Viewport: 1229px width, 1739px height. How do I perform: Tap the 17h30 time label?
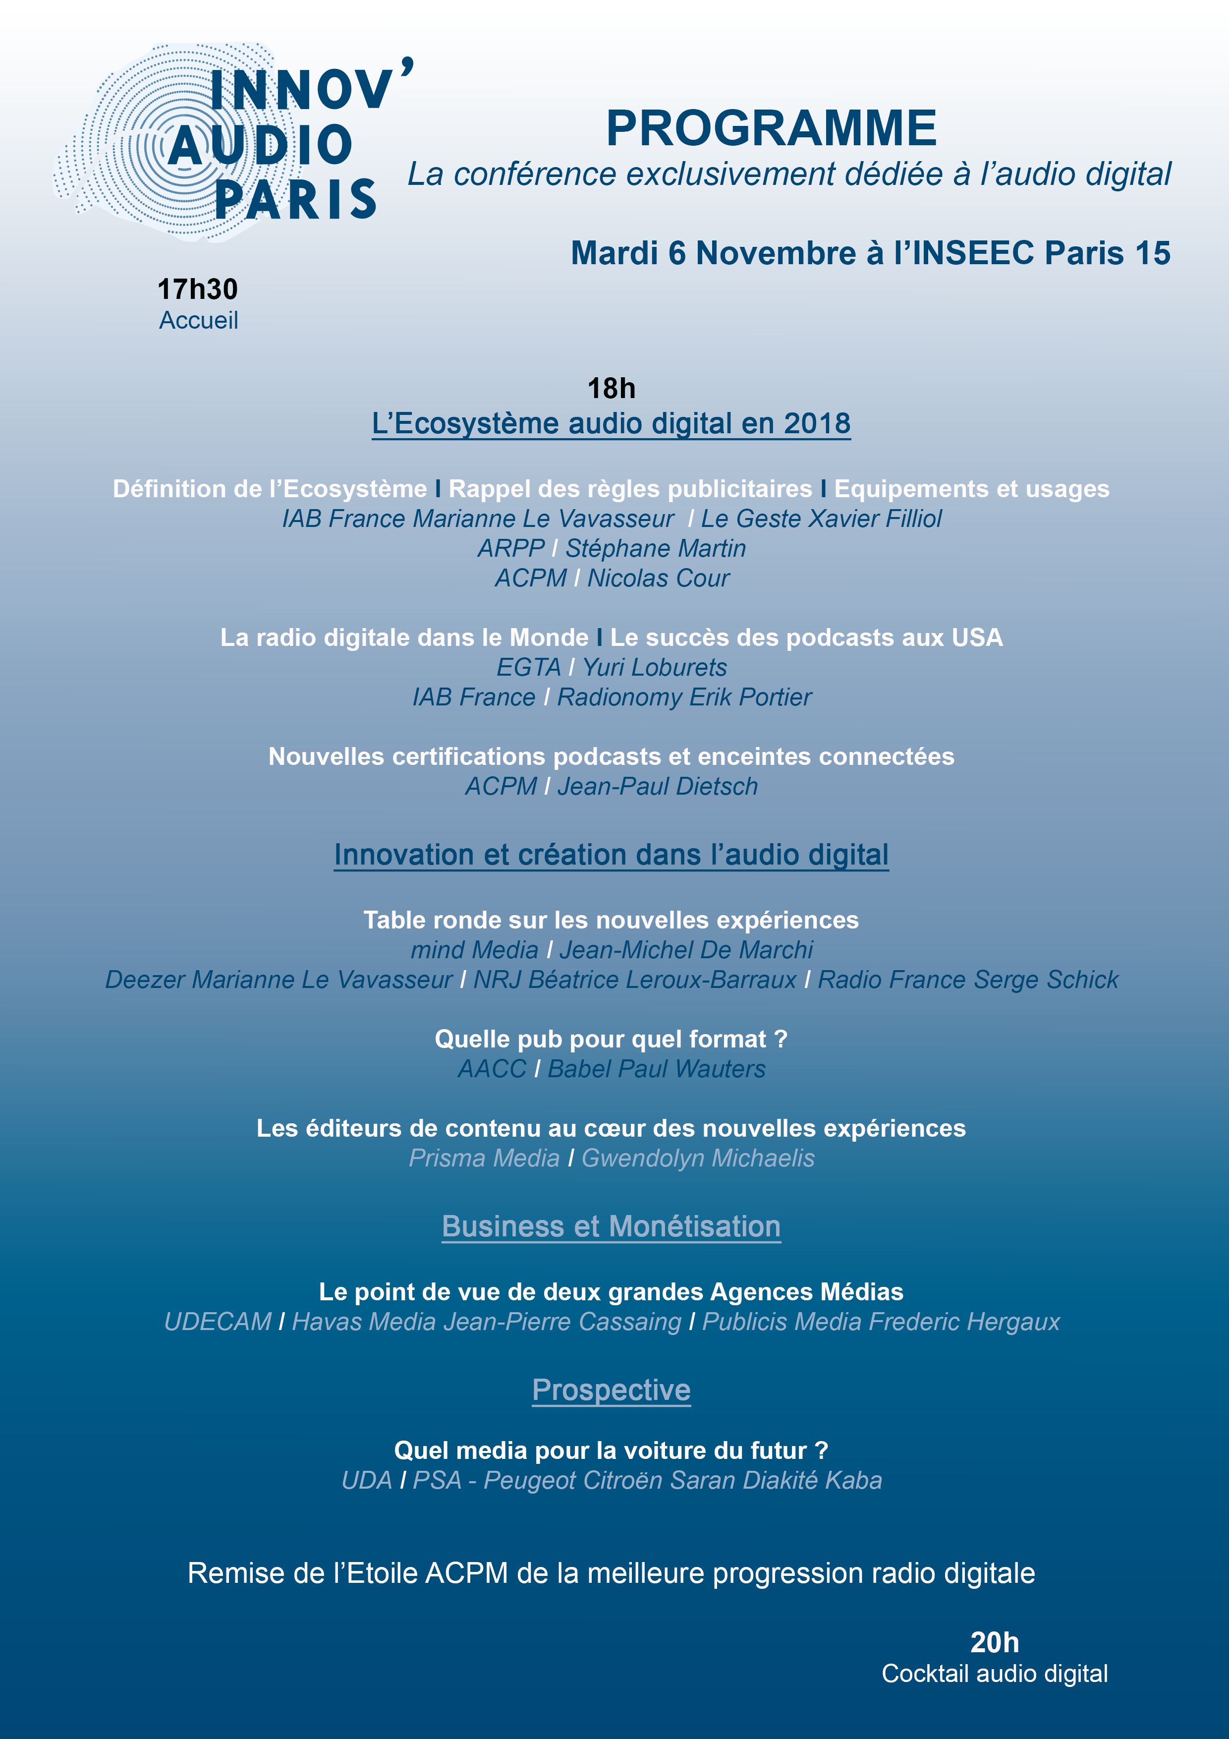pos(198,290)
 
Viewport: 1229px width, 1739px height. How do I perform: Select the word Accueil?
pos(198,320)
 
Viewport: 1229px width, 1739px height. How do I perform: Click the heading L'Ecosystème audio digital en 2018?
pos(611,423)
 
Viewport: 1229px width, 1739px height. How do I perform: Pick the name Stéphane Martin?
pos(656,548)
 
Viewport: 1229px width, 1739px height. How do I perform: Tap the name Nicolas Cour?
pos(658,578)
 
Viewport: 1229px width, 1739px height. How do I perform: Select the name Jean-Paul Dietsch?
pos(657,786)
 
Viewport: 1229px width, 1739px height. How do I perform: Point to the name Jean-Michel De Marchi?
pos(685,950)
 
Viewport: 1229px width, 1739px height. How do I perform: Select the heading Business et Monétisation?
pos(611,1226)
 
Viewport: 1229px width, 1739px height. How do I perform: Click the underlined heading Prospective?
pos(611,1390)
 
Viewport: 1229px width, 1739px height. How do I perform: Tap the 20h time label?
pos(994,1643)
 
